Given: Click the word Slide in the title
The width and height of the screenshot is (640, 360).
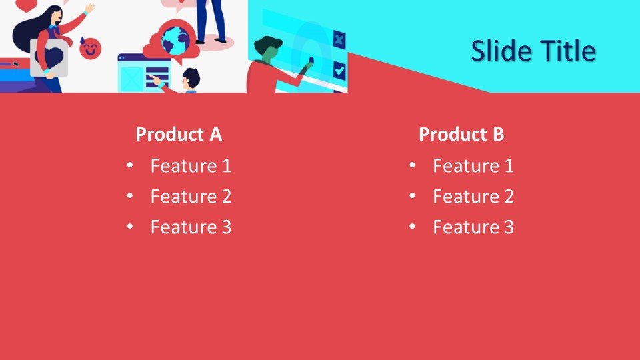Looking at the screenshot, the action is [497, 51].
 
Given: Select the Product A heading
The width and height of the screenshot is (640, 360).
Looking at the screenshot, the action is [179, 134].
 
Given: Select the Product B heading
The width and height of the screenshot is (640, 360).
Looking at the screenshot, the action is [461, 134].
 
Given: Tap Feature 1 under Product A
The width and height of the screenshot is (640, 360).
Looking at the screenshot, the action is [191, 166].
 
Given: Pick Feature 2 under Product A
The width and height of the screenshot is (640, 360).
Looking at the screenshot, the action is [191, 196].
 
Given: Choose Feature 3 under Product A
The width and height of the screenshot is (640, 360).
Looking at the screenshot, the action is [191, 227].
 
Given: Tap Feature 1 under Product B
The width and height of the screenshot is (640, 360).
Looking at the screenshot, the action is [473, 166].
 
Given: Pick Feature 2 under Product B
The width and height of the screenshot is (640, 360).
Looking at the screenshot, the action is [473, 196].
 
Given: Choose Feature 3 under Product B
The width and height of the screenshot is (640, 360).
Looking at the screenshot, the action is [473, 227].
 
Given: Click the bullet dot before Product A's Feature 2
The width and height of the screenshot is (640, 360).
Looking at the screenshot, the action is [130, 196].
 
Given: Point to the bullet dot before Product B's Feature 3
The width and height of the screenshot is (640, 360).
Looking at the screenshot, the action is [412, 227].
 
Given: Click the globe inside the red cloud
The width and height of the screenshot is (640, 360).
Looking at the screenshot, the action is [175, 41].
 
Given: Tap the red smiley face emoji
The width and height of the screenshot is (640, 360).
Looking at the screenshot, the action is [90, 49].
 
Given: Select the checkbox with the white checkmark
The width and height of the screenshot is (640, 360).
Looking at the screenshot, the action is [339, 71].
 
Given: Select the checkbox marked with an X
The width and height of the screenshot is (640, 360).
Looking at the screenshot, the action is [339, 39].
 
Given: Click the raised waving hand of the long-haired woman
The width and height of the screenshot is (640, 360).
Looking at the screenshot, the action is [90, 7].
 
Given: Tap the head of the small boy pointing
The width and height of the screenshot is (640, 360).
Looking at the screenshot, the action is [190, 79].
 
